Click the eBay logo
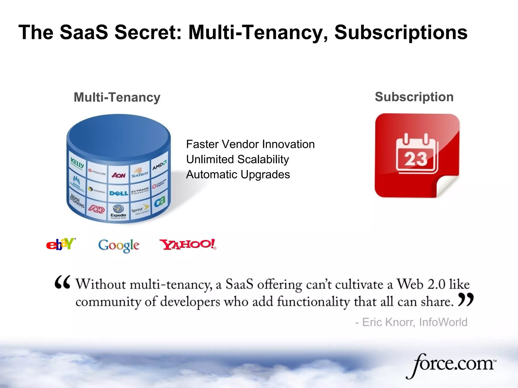point(61,244)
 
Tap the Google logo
point(119,245)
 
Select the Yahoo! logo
point(188,244)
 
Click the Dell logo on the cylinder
point(119,193)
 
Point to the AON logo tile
point(119,175)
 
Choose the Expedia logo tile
point(118,212)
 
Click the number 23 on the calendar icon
point(416,159)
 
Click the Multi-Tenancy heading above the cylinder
point(117,97)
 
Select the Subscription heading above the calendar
point(414,97)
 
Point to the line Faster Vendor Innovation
point(250,144)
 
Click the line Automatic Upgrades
point(238,175)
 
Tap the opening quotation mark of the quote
point(62,282)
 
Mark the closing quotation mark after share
point(465,300)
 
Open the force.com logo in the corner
point(451,364)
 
